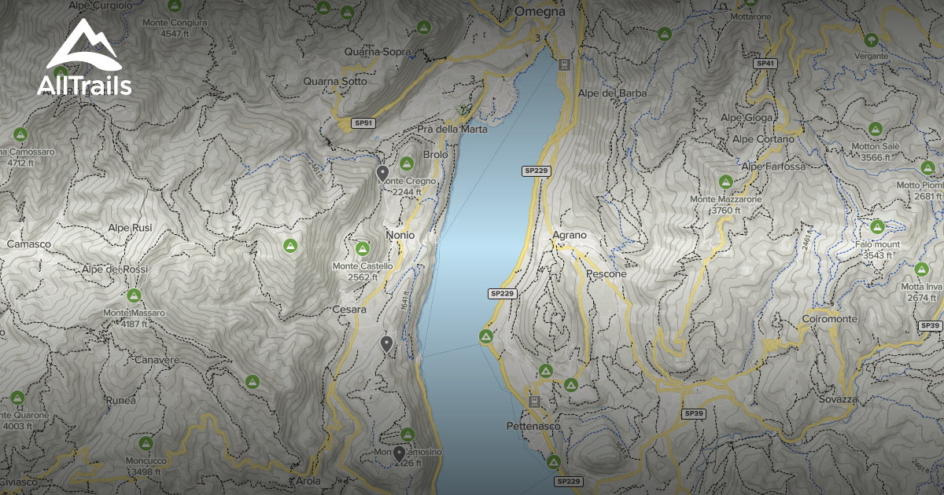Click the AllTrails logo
84,59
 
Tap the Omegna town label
540,12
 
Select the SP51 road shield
363,123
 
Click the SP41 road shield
765,63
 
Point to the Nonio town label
400,235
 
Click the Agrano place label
570,235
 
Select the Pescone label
607,274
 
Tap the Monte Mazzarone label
725,200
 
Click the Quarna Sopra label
377,52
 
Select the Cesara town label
349,310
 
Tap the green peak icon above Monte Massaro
133,296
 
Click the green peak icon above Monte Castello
362,249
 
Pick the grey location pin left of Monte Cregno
382,174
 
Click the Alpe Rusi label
130,228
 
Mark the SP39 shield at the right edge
930,325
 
